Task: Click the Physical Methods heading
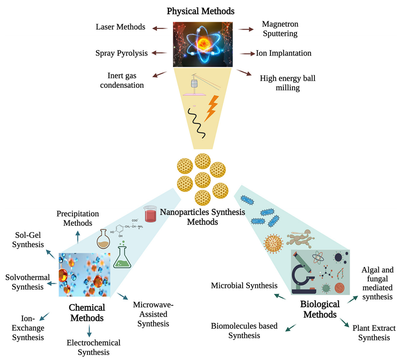(x=200, y=11)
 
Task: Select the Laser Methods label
(x=120, y=27)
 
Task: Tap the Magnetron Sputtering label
(x=280, y=28)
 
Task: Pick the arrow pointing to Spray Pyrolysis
(x=159, y=53)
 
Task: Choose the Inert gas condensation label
(x=125, y=80)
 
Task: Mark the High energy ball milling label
(x=288, y=83)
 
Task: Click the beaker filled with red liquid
(x=150, y=214)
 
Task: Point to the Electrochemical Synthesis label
(x=93, y=347)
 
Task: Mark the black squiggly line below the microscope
(x=196, y=122)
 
